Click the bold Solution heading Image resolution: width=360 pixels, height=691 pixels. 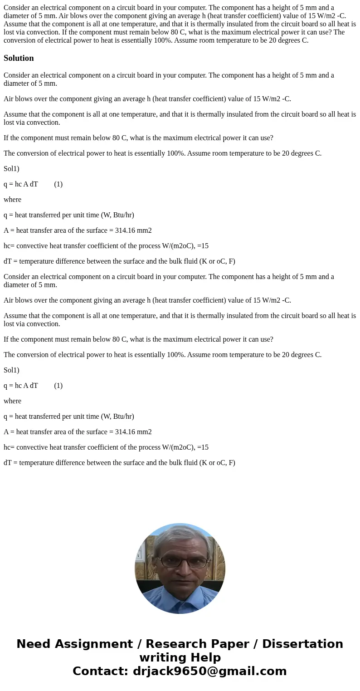tap(19, 58)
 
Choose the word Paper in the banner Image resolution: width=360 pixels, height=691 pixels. tap(233, 644)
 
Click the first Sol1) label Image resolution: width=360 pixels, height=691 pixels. tap(11, 169)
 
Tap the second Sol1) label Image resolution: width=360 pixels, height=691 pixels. tap(11, 370)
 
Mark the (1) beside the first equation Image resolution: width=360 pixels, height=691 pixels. tap(58, 184)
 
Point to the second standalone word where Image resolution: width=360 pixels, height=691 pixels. tap(12, 401)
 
